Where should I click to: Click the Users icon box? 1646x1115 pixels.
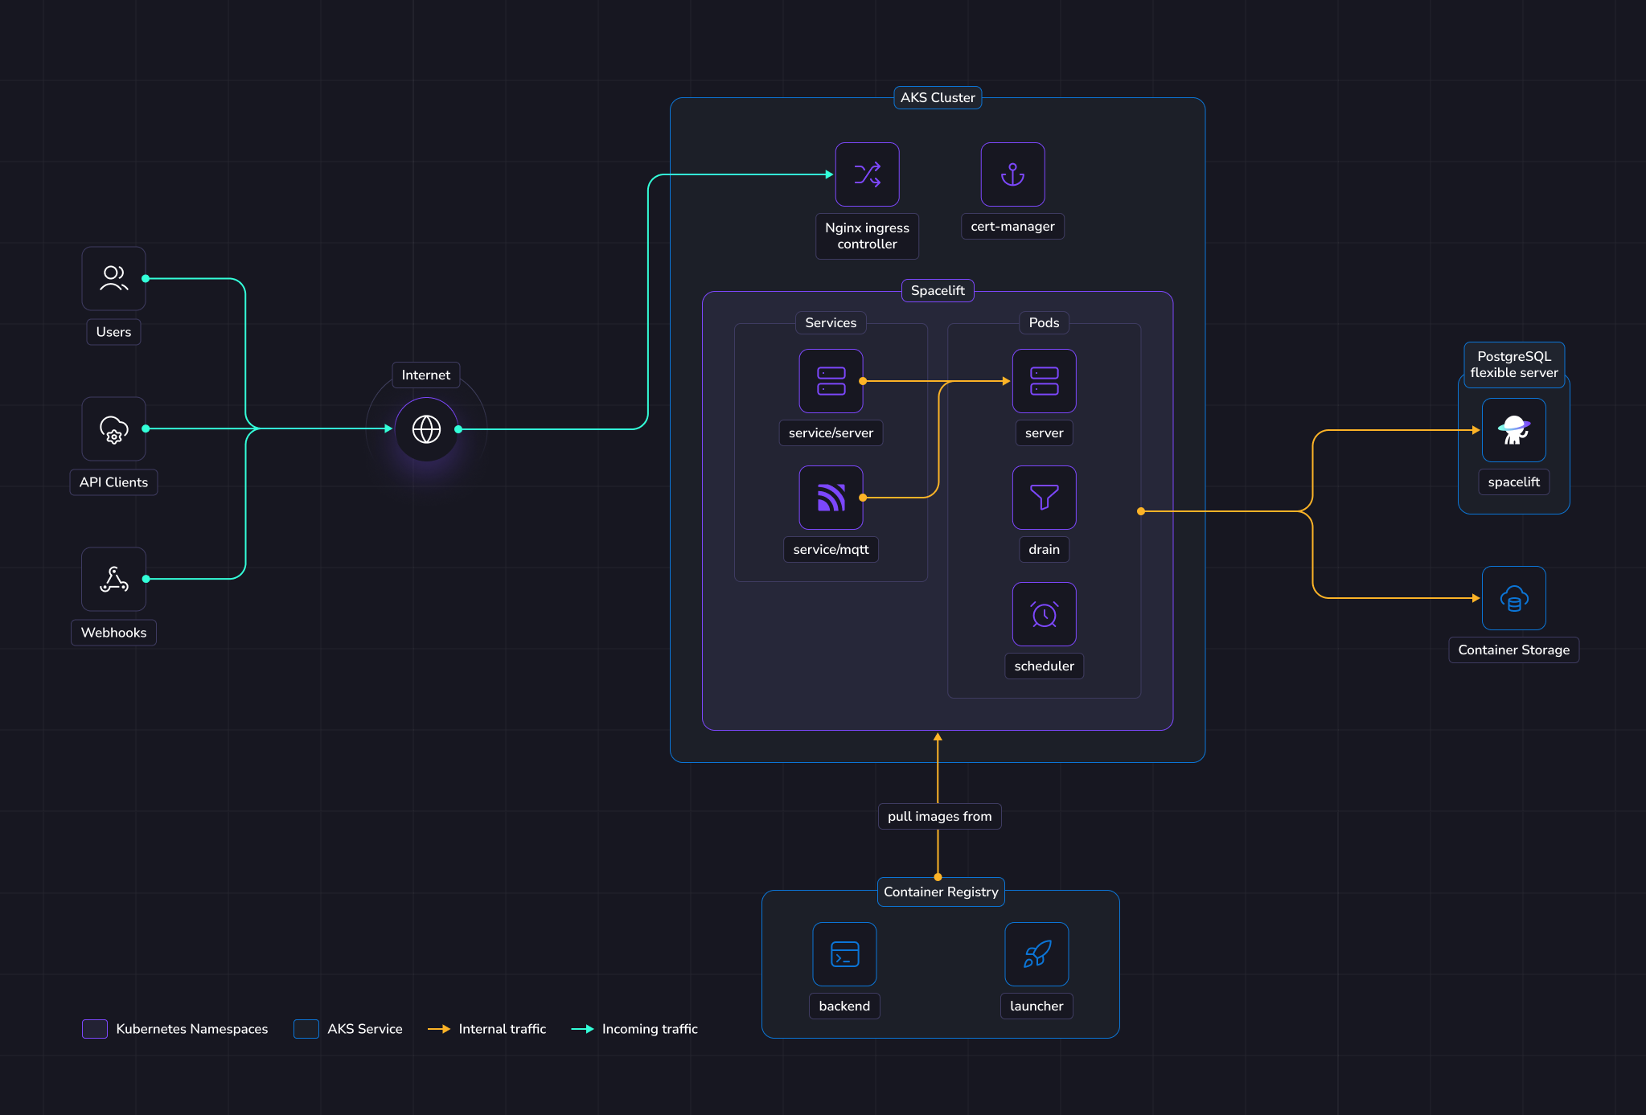coord(113,278)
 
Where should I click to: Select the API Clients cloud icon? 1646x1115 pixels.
coord(113,429)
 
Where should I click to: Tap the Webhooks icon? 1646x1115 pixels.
coord(113,579)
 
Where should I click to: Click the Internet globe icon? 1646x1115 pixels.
coord(426,429)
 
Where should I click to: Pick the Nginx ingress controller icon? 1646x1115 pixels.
coord(867,174)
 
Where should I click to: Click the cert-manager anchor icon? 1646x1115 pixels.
coord(1012,174)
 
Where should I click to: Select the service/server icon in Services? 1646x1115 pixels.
coord(831,381)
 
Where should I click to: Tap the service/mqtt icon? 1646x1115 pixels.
coord(831,498)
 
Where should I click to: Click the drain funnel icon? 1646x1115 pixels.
coord(1044,498)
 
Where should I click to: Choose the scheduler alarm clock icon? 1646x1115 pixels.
coord(1044,614)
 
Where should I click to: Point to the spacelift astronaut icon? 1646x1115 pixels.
coord(1513,430)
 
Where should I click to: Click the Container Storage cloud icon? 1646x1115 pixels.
coord(1513,598)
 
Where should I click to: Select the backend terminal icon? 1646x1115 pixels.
coord(844,954)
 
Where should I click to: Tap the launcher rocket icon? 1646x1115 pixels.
coord(1036,954)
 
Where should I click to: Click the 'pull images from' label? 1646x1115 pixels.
coord(939,816)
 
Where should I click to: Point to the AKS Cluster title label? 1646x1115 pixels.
coord(938,97)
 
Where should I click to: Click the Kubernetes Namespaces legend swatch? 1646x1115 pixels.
coord(95,1029)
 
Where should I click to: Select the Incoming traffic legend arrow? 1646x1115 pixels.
coord(582,1029)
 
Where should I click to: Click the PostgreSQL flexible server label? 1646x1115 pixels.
coord(1514,365)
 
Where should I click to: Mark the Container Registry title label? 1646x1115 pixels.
coord(941,892)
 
